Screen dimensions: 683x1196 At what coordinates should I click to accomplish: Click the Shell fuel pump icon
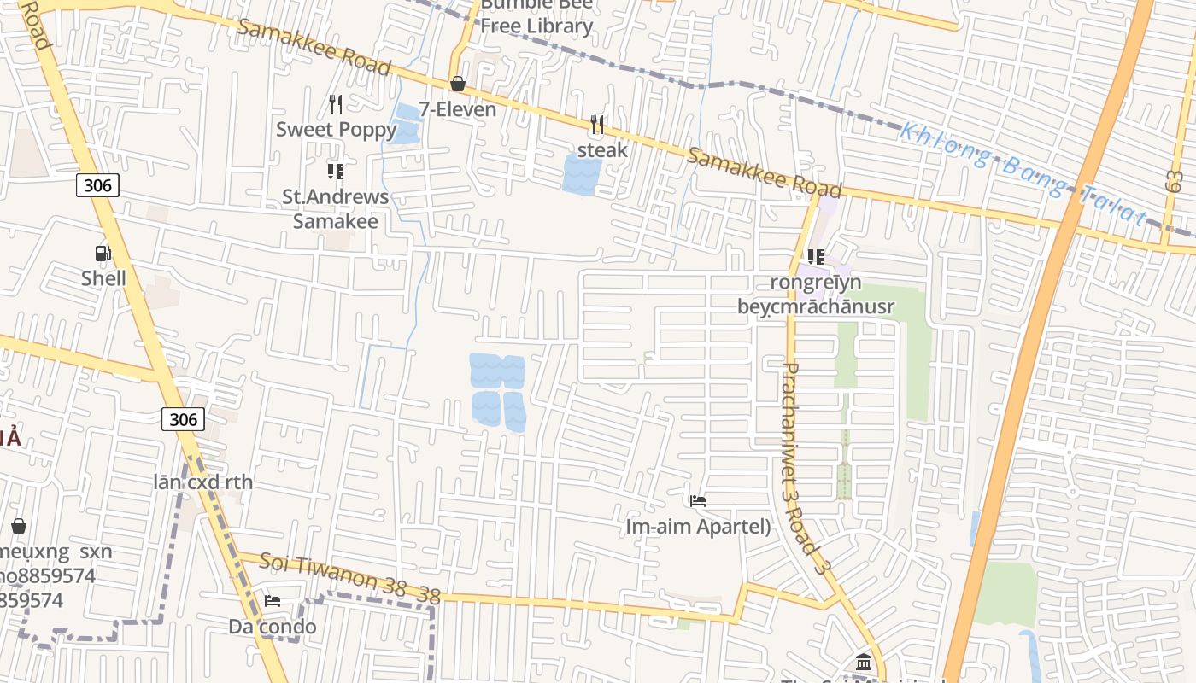click(103, 253)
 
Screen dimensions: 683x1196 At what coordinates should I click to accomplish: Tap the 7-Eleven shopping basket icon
click(458, 84)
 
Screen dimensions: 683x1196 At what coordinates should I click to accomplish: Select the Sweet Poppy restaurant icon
click(336, 104)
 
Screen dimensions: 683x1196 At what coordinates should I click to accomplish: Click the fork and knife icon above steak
click(597, 125)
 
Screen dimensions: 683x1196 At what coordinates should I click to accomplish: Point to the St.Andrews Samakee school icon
click(336, 172)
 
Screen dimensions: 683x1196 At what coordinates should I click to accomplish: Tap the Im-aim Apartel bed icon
click(698, 501)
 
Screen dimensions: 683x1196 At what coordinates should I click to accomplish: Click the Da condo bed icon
click(273, 601)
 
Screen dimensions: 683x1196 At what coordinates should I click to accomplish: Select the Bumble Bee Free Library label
click(536, 16)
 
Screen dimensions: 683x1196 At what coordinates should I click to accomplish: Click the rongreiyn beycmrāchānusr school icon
click(815, 256)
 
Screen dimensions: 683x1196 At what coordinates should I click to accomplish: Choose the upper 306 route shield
click(97, 184)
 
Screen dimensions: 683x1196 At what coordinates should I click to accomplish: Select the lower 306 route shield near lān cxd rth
click(183, 418)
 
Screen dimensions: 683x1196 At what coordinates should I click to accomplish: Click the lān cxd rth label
click(203, 482)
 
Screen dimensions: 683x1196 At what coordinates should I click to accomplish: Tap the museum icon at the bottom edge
click(863, 663)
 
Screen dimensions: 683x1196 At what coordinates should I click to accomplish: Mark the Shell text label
click(103, 278)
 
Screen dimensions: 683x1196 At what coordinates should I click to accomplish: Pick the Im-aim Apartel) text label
click(698, 527)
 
